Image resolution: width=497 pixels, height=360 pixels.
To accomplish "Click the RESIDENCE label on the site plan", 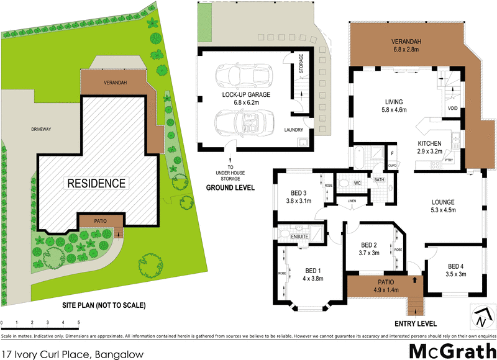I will pyautogui.click(x=96, y=183).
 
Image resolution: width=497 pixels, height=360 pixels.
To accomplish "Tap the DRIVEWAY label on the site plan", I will pyautogui.click(x=44, y=129).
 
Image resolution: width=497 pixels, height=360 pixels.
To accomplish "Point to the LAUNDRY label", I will pyautogui.click(x=293, y=130).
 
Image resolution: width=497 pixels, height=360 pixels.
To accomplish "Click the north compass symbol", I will pyautogui.click(x=481, y=318).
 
